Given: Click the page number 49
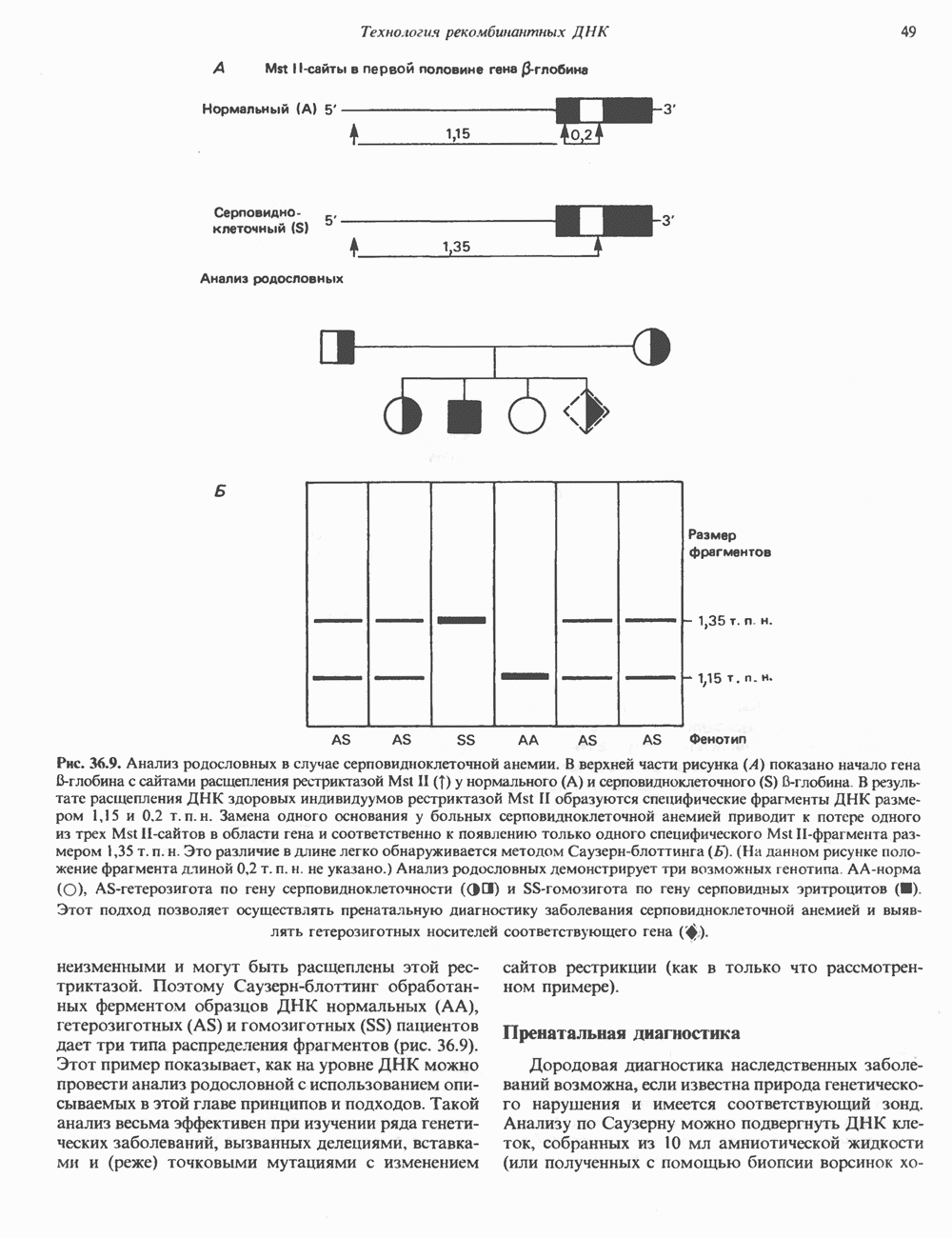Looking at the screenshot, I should [x=907, y=32].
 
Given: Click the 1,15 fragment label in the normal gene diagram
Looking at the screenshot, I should [x=458, y=134].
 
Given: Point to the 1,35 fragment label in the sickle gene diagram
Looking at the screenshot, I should [x=458, y=247].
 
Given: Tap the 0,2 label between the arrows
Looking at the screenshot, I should [x=582, y=135].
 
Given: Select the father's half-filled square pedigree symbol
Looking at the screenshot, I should [x=337, y=346].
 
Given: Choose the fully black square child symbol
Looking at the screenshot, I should [x=465, y=414].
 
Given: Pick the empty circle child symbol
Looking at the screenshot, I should [x=526, y=414].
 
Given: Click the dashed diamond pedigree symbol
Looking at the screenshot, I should [x=586, y=412].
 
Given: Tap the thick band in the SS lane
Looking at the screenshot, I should [x=462, y=621].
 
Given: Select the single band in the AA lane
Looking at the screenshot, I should [x=526, y=676].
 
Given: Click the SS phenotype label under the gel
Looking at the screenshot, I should [x=466, y=739].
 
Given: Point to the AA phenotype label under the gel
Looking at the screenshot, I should [x=527, y=739].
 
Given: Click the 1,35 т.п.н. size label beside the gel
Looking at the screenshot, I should [x=734, y=622].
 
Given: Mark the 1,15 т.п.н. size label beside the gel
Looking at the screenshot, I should [x=734, y=678].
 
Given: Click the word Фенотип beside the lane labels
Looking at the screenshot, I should [x=717, y=739].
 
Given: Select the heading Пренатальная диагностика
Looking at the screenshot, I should [x=621, y=1032].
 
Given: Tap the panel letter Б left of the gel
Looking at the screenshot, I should [x=219, y=492].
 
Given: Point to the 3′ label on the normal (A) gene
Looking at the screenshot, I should [x=668, y=110].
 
